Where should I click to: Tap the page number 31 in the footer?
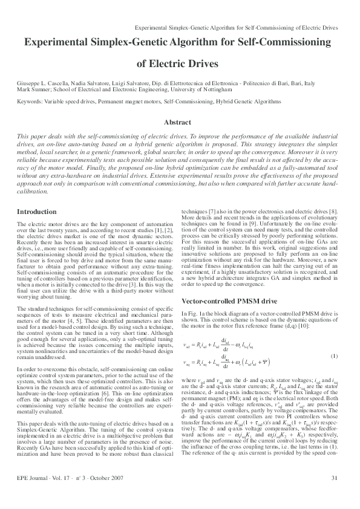coord(334,496)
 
